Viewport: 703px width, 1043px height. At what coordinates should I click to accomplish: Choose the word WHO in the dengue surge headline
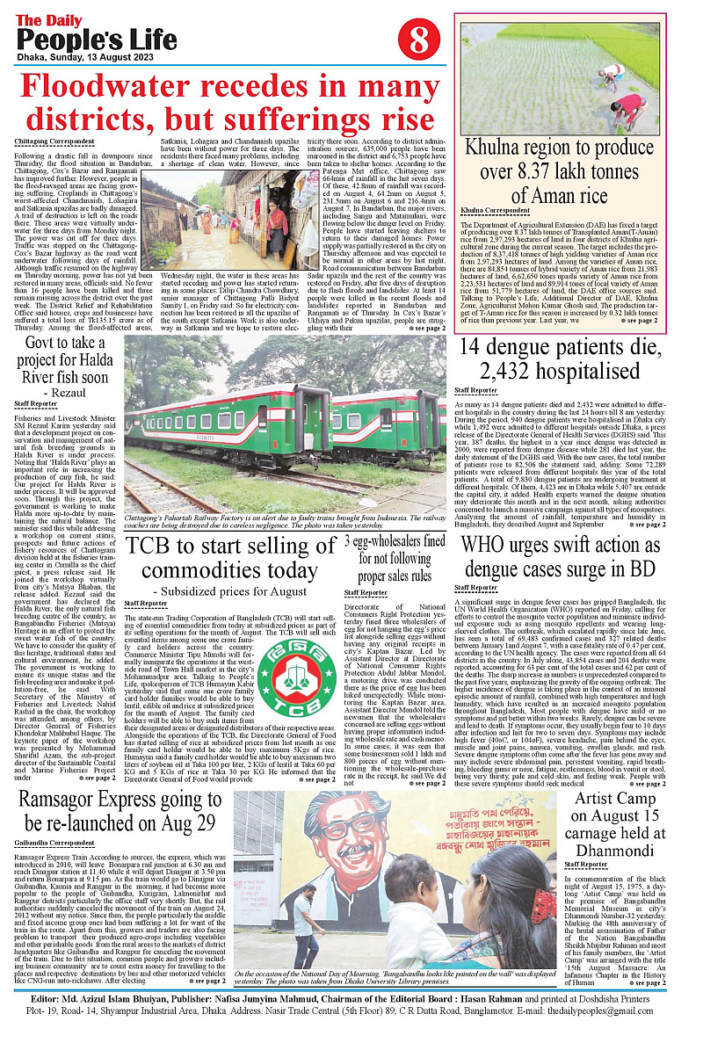coord(489,545)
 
